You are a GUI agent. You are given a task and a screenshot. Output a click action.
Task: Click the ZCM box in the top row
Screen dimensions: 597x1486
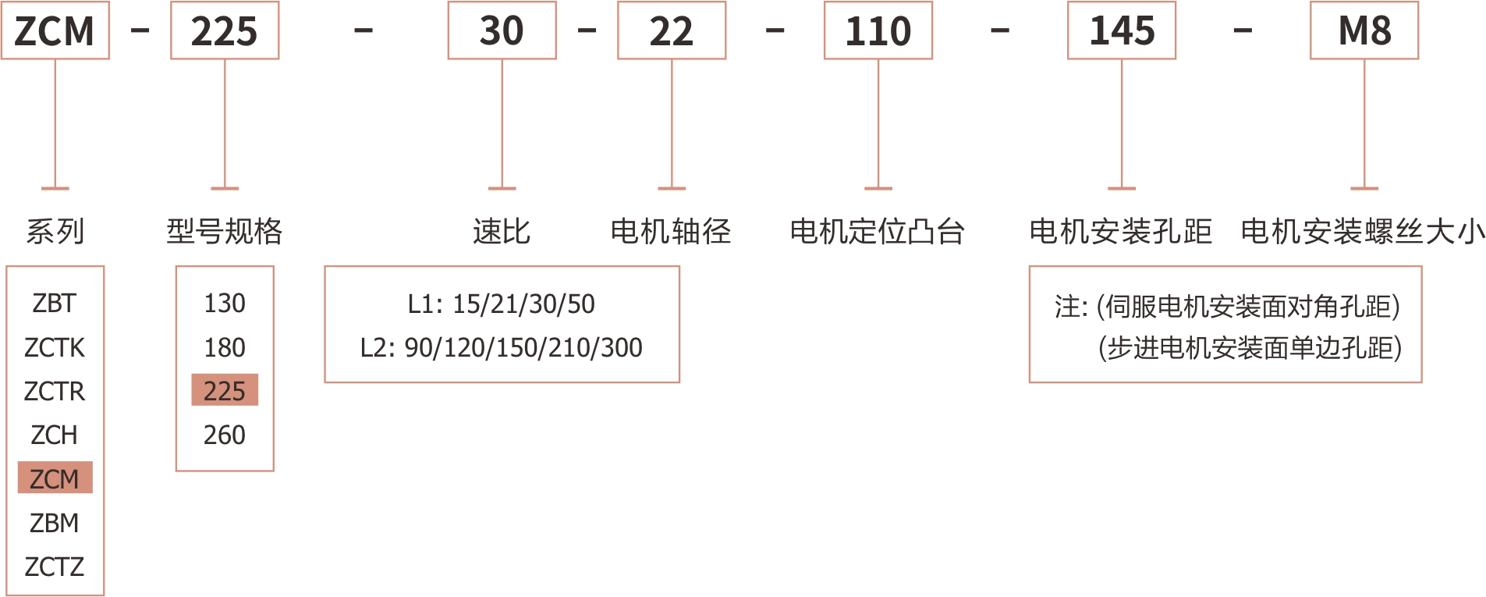tap(55, 31)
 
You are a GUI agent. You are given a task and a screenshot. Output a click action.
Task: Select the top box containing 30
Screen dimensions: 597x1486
tap(502, 31)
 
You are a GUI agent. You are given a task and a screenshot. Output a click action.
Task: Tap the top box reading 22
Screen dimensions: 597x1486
tap(672, 31)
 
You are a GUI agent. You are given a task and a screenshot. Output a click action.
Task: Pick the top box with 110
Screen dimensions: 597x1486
tap(878, 31)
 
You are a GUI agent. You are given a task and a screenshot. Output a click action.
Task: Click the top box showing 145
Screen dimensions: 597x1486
tap(1122, 31)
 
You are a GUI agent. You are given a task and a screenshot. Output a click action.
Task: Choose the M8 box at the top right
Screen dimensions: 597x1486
tap(1364, 31)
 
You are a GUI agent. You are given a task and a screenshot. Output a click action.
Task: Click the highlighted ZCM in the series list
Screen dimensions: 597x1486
tap(55, 478)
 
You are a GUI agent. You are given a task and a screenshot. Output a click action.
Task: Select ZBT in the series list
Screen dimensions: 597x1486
tap(55, 303)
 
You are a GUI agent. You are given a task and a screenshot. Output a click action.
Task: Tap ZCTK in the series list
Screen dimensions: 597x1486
tap(55, 347)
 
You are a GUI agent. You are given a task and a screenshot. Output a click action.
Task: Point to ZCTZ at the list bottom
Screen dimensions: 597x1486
tap(55, 567)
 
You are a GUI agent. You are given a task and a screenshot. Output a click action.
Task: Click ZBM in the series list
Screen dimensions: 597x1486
tap(55, 523)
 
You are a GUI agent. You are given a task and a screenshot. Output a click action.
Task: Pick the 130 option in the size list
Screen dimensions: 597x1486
tap(225, 303)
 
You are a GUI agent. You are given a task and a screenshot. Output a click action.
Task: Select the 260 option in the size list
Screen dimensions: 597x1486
tap(225, 435)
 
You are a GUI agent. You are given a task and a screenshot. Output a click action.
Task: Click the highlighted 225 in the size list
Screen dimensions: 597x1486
tap(225, 391)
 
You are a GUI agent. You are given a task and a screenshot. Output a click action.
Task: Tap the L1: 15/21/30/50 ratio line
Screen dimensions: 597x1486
tap(502, 304)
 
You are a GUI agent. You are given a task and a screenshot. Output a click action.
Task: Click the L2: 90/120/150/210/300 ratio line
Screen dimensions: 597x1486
tap(502, 347)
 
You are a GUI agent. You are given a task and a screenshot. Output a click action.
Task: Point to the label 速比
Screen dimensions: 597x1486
tap(502, 232)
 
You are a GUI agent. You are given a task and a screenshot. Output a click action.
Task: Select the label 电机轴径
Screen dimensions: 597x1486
tap(671, 232)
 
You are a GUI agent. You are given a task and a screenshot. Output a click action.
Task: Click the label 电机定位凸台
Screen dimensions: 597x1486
tap(878, 232)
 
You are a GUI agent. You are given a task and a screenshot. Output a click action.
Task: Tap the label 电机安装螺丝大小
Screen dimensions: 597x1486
tap(1363, 232)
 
